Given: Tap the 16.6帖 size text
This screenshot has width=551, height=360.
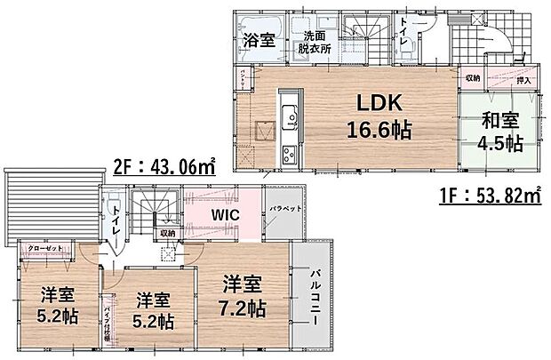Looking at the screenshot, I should click(x=378, y=130).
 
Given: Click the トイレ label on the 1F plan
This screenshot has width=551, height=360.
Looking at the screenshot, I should click(x=404, y=32).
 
